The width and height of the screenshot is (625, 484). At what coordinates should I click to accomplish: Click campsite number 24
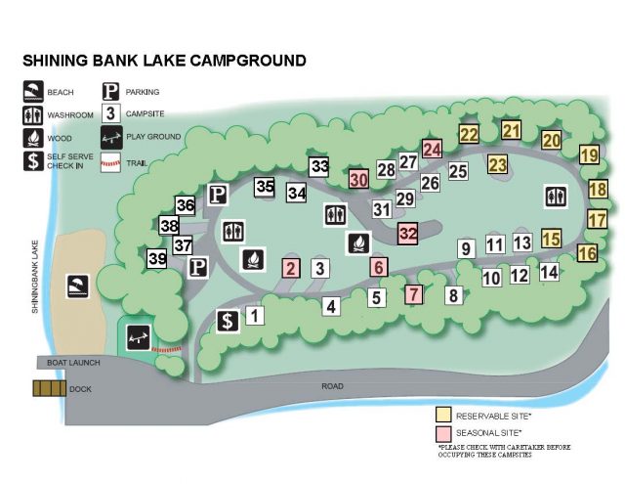(432, 150)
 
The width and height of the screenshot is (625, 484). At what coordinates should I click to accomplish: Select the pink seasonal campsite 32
(408, 234)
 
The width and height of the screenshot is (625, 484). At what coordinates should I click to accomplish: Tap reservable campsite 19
(589, 154)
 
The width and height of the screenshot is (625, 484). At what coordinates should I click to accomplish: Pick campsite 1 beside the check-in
(254, 315)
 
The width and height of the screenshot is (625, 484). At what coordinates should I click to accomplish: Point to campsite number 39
(157, 259)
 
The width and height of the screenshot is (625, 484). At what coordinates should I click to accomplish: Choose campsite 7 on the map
(413, 293)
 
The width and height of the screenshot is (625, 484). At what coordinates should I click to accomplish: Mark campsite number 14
(549, 271)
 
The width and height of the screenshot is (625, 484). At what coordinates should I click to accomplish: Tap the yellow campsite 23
(498, 164)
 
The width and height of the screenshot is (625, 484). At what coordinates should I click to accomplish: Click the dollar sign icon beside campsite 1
(228, 321)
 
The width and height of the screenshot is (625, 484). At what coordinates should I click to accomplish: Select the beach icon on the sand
(77, 286)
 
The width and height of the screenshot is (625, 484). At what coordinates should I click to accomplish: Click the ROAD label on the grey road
(333, 387)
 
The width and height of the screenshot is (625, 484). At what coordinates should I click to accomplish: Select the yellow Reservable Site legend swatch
(445, 414)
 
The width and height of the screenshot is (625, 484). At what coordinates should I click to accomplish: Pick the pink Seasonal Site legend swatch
(445, 431)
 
